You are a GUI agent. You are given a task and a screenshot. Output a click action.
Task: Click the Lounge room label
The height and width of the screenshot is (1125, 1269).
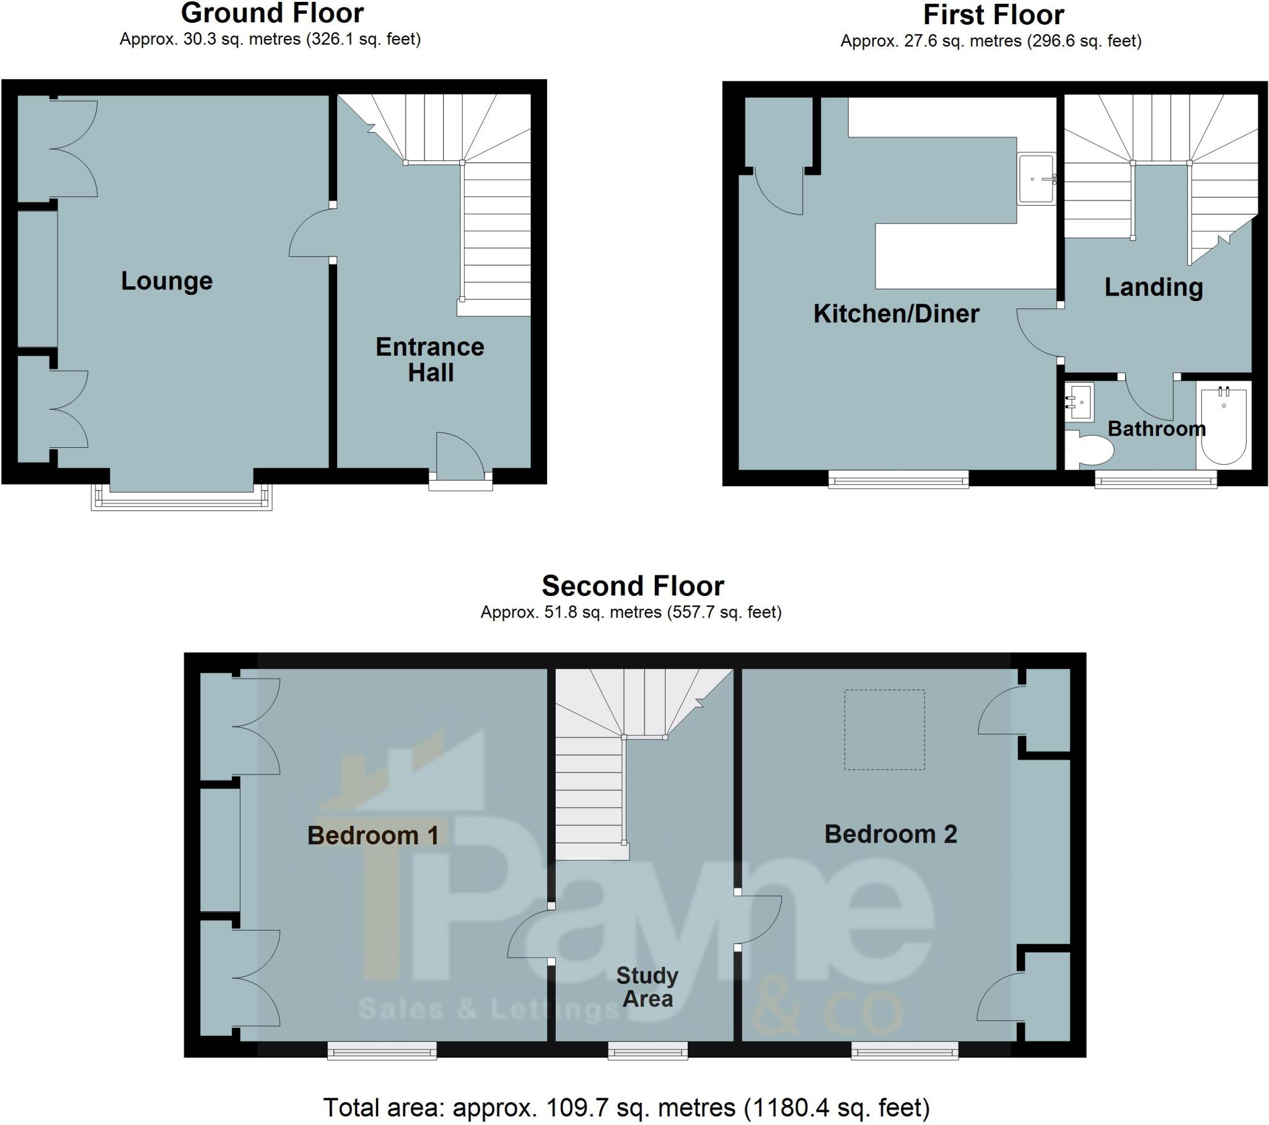click(167, 281)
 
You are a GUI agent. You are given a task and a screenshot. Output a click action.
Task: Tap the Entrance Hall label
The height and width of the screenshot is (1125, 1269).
click(429, 359)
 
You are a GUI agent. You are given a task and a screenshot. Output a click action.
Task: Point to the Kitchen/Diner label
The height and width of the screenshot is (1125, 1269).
click(896, 313)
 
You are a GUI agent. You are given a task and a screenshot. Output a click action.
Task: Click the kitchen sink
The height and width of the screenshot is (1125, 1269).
click(1036, 179)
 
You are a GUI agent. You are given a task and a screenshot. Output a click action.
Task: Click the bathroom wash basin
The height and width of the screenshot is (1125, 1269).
click(1079, 401)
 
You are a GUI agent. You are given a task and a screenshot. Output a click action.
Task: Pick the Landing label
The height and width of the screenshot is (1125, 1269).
click(1154, 287)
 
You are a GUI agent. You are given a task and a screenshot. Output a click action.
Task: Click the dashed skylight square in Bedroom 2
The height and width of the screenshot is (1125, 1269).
click(884, 730)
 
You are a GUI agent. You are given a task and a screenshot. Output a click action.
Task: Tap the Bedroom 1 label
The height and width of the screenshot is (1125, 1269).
click(373, 836)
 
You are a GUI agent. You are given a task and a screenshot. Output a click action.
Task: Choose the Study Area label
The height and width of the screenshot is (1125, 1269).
click(647, 987)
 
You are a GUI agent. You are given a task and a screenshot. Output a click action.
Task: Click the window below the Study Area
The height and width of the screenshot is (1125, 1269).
click(648, 1051)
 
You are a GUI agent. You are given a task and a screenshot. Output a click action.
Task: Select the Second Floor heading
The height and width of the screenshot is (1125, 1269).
click(633, 585)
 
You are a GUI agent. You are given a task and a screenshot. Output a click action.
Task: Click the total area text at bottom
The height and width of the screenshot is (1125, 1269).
click(626, 1107)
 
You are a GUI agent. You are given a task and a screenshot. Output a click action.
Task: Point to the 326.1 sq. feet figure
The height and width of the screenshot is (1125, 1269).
click(363, 40)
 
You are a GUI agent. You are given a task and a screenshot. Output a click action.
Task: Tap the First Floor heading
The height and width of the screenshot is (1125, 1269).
click(993, 15)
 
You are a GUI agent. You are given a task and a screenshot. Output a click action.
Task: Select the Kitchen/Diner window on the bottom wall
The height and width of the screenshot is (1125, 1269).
click(898, 479)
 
